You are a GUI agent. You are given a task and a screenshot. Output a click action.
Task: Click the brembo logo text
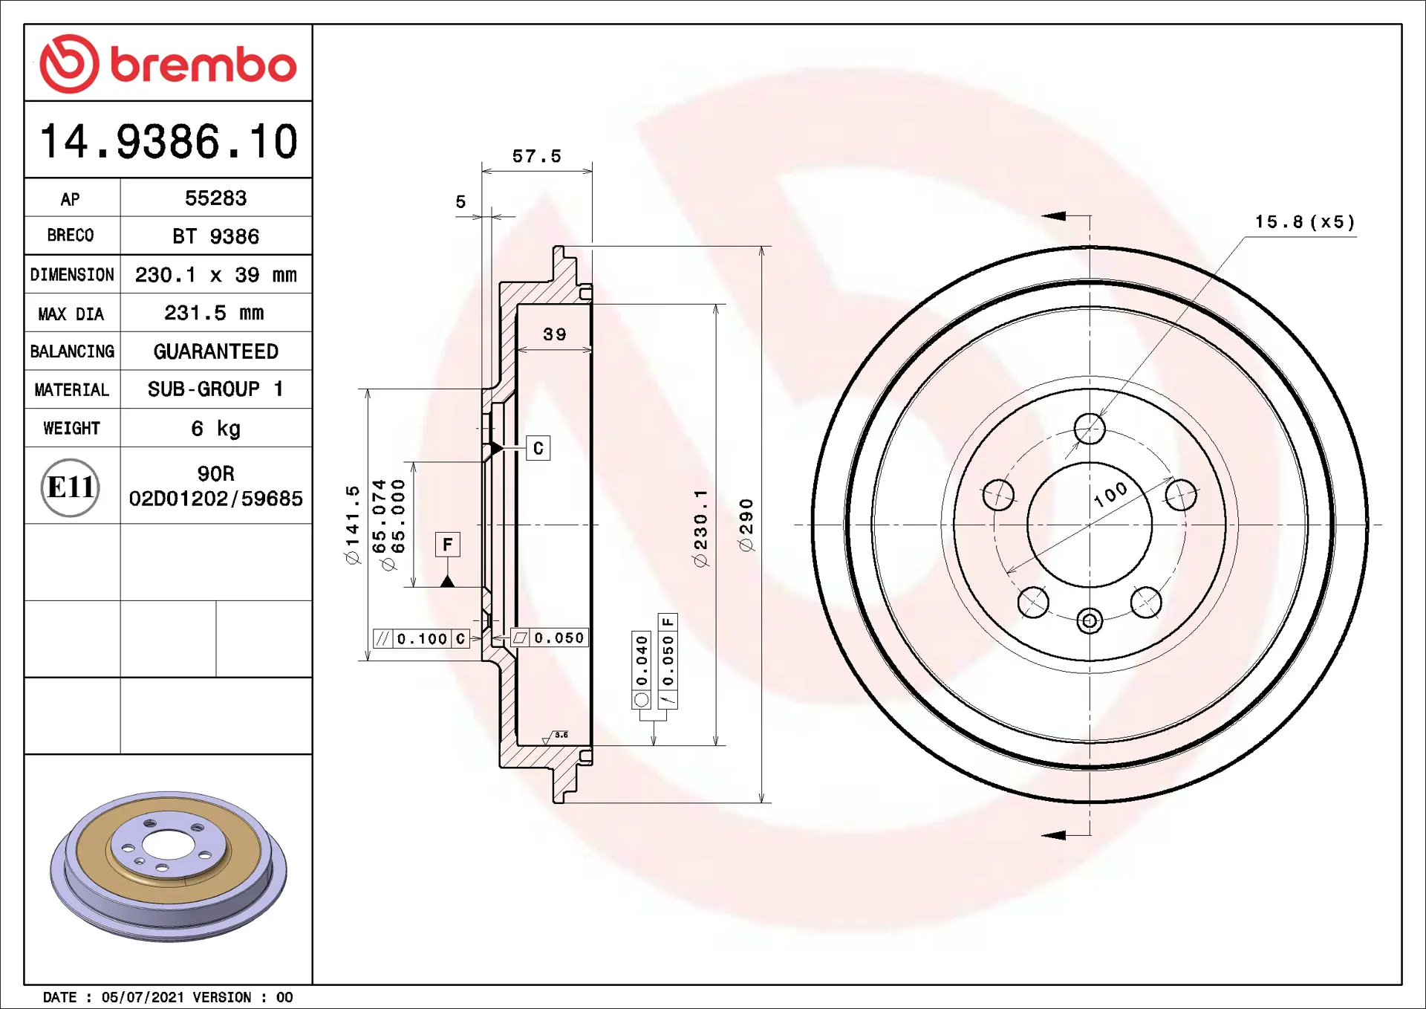(x=204, y=65)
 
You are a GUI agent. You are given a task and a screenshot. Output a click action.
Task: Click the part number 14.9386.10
(x=169, y=141)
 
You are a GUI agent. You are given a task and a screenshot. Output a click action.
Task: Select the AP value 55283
(x=215, y=198)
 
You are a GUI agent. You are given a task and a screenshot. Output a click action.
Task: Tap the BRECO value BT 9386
(x=215, y=236)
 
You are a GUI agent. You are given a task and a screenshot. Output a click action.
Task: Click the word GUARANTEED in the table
(x=216, y=351)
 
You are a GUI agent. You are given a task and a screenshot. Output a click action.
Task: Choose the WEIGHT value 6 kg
(x=215, y=428)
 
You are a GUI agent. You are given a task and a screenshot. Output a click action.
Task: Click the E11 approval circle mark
(x=71, y=487)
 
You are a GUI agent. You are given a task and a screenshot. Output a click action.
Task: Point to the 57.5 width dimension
(x=536, y=156)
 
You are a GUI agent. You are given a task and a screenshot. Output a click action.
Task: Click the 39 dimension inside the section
(x=554, y=334)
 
